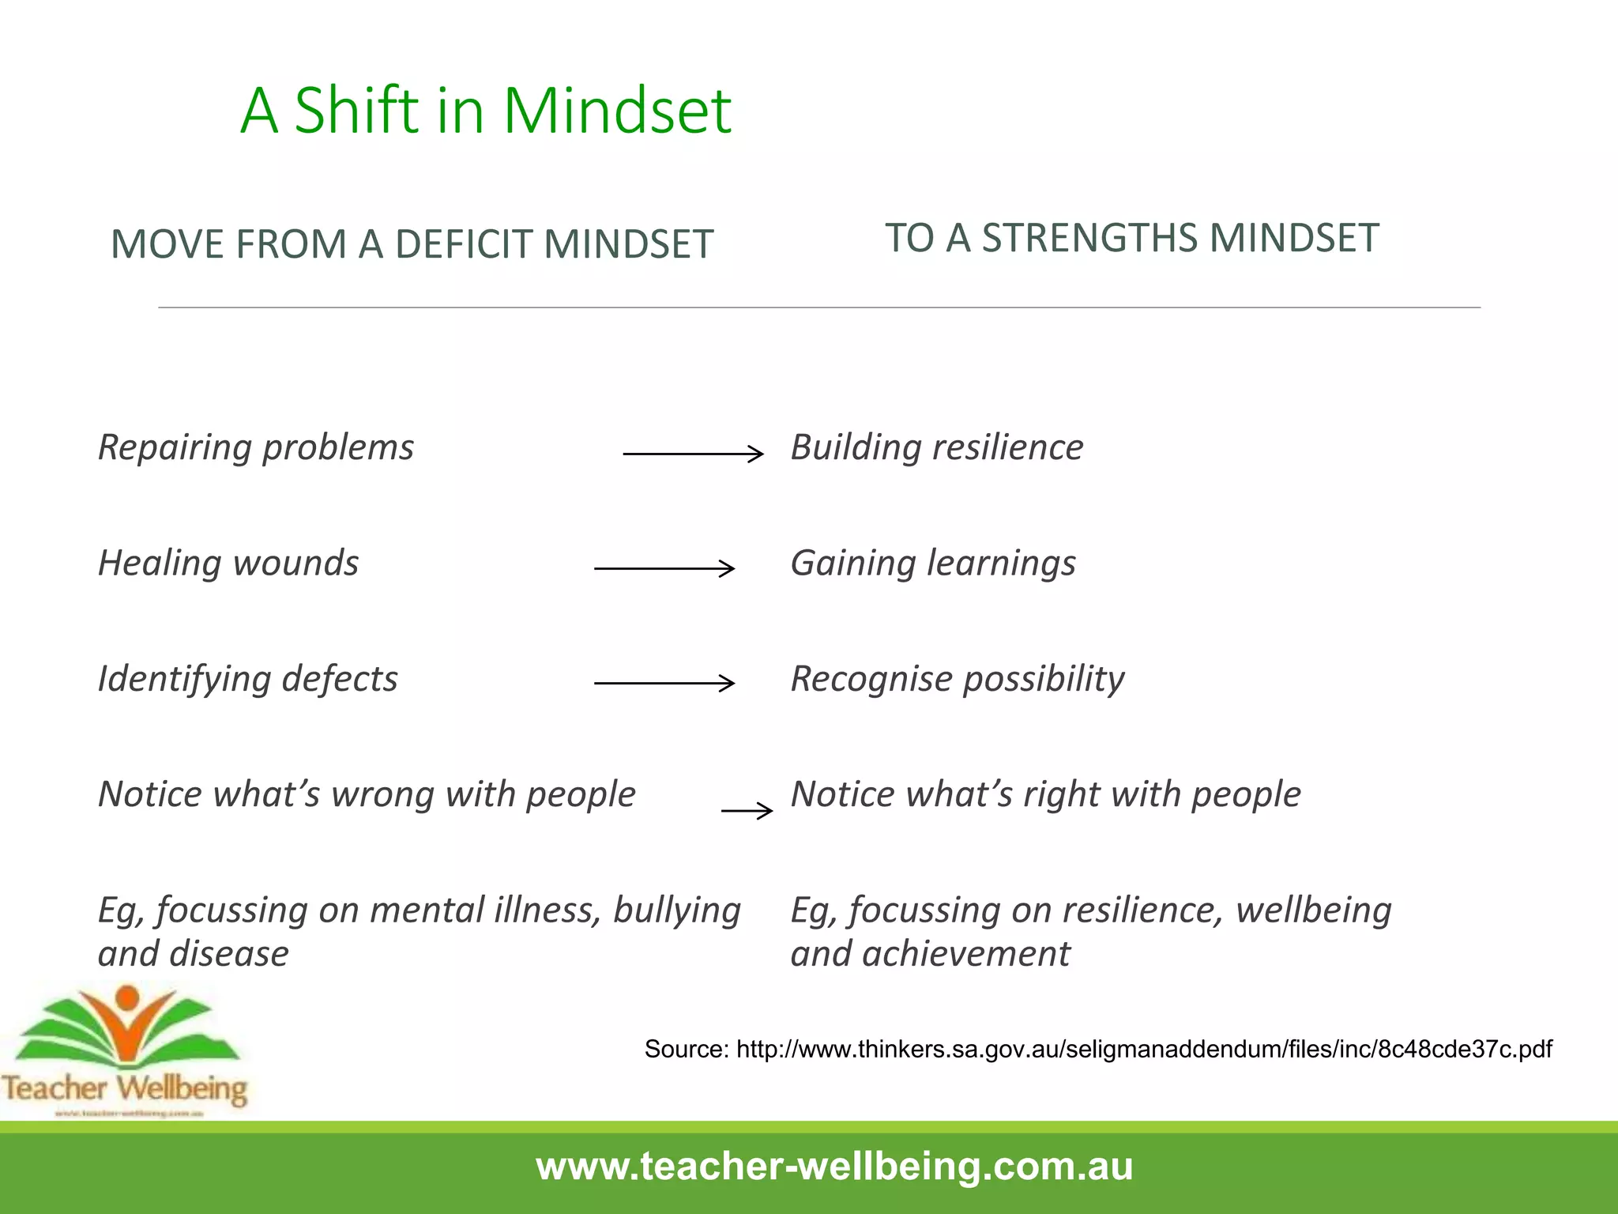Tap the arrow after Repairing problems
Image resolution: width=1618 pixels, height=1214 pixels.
[x=693, y=454]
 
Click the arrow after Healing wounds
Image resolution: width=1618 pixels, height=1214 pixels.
[x=664, y=568]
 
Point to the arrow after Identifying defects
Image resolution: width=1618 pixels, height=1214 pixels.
[x=664, y=683]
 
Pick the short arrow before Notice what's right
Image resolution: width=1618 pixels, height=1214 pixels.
[x=747, y=811]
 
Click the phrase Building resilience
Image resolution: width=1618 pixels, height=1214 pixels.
[x=937, y=447]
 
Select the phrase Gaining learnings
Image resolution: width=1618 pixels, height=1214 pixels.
[x=933, y=564]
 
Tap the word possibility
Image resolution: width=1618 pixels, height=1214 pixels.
[x=1044, y=679]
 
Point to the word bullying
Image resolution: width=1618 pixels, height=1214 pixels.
[x=677, y=910]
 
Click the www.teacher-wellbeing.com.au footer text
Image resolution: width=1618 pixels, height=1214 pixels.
[x=834, y=1167]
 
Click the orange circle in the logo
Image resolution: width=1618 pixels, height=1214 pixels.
[x=127, y=997]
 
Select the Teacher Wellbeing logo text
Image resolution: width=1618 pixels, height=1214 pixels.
[x=125, y=1088]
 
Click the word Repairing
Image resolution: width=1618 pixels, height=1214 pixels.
[x=175, y=447]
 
